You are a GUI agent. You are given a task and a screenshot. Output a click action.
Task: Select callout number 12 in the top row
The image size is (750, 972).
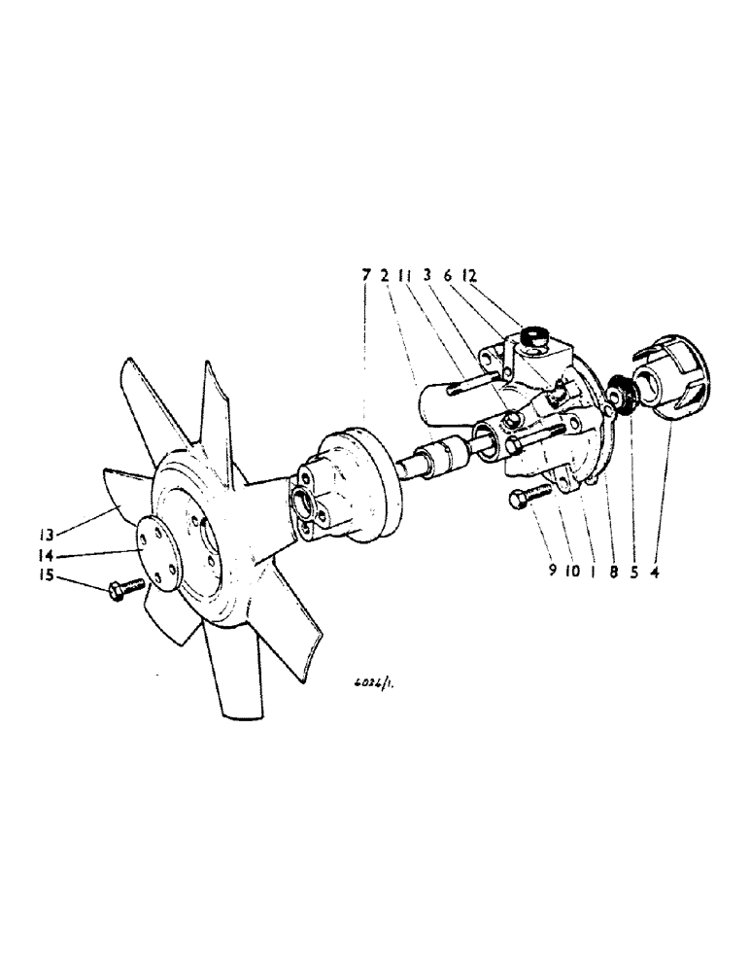(x=470, y=276)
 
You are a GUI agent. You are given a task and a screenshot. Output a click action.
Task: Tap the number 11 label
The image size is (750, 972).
(x=408, y=276)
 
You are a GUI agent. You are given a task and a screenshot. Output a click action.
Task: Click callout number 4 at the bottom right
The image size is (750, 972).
(x=656, y=572)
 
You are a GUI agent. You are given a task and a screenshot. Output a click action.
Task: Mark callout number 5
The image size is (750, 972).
(x=634, y=572)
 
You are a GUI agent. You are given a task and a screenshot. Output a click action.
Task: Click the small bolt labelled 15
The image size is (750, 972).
(x=127, y=586)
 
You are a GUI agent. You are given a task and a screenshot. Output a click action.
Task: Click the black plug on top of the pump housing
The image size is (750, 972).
(x=533, y=336)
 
